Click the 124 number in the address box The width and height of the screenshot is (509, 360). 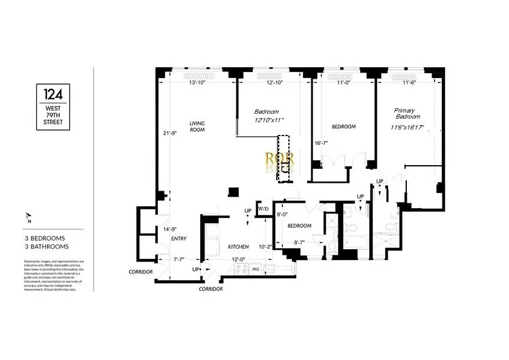[x=51, y=94]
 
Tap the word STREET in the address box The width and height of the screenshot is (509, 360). [x=52, y=121]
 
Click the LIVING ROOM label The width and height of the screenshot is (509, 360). [x=198, y=126]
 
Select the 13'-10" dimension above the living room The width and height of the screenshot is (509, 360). [x=198, y=82]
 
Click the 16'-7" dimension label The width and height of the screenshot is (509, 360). [x=322, y=143]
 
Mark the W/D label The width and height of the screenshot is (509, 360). [x=264, y=209]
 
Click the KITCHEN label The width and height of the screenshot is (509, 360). [x=238, y=247]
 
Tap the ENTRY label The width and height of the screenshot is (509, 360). [x=178, y=238]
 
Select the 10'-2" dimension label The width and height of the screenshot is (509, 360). [x=266, y=247]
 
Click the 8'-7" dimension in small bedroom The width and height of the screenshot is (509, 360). [x=300, y=243]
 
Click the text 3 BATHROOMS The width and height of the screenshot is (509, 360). [x=42, y=246]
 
